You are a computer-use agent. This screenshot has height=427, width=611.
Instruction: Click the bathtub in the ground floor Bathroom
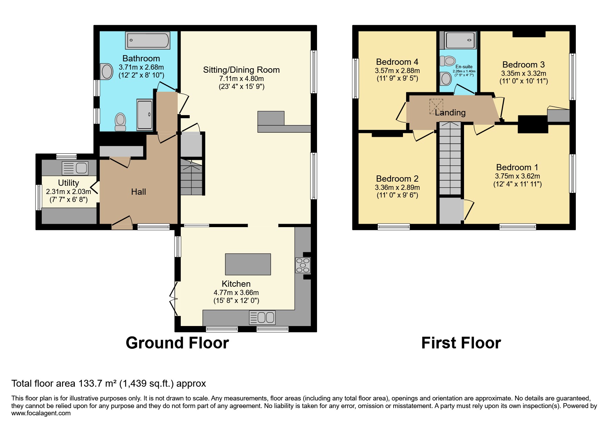coord(147,41)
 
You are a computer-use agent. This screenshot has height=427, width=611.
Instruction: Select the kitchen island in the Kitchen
coord(248,264)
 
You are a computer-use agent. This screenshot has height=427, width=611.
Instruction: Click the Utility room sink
coord(75,168)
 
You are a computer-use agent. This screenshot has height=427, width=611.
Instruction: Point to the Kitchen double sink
coord(262,317)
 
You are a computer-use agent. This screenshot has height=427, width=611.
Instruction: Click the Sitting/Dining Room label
coord(241,70)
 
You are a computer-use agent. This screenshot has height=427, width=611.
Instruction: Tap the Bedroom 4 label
coord(397,62)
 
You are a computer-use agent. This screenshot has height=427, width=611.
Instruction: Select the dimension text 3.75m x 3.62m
coord(517,176)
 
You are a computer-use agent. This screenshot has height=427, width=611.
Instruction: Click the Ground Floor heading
coord(177,343)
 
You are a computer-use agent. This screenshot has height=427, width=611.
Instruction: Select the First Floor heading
coord(461,343)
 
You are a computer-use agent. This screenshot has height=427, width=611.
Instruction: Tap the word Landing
coord(450,113)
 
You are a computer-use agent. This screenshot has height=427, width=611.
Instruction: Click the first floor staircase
coord(450,159)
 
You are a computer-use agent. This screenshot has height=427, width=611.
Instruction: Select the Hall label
coord(138,192)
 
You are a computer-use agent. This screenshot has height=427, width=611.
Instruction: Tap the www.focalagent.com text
coord(41,413)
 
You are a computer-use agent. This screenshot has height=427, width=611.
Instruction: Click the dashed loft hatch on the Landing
coord(436,106)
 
